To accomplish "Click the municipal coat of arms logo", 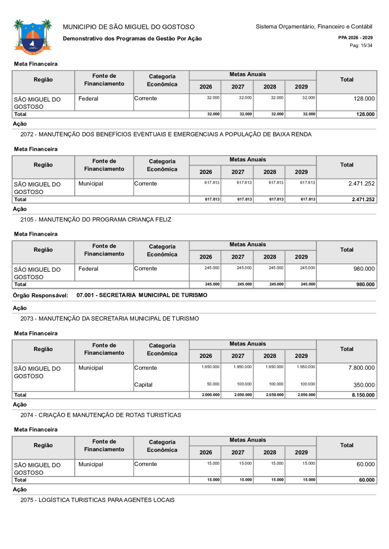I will click(x=32, y=35).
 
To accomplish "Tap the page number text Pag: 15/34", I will click(x=361, y=45).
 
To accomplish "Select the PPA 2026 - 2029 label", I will click(x=355, y=38).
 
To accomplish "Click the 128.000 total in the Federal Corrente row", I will click(x=364, y=99).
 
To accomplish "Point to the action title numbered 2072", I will click(x=166, y=134).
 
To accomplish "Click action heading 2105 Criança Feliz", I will click(x=96, y=220).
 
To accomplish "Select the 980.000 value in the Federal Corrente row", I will click(x=364, y=269).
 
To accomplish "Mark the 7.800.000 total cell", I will click(x=357, y=368).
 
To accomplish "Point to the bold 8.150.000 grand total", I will click(x=362, y=395).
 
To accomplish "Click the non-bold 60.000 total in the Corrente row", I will click(x=366, y=464).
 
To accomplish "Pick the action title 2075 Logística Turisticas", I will click(x=98, y=500).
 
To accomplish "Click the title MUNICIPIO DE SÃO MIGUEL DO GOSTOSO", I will click(x=129, y=27).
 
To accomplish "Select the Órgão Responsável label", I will click(x=41, y=295).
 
